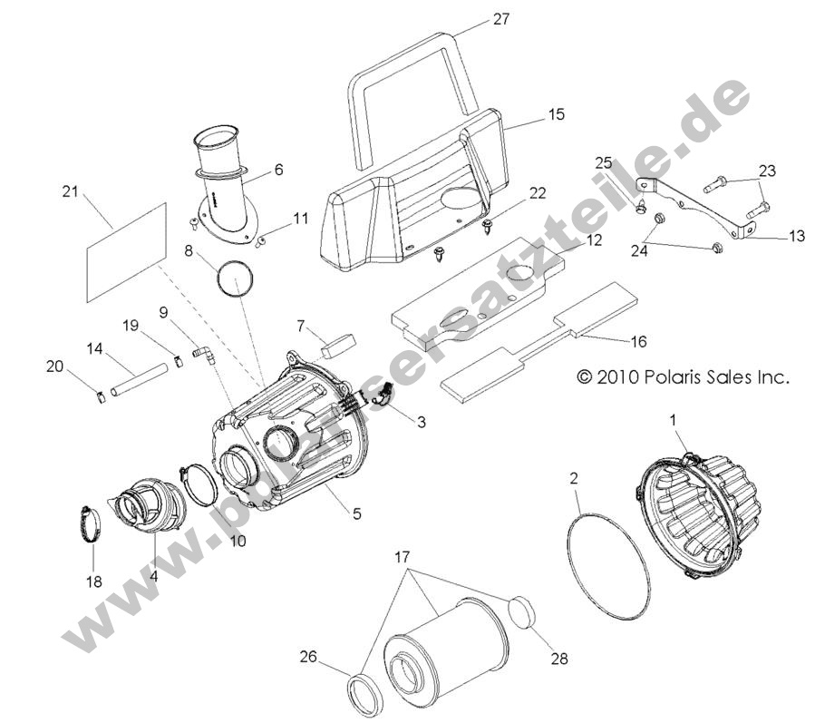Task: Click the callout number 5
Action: tap(356, 513)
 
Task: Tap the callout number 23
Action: tap(767, 171)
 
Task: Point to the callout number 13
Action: tap(797, 237)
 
